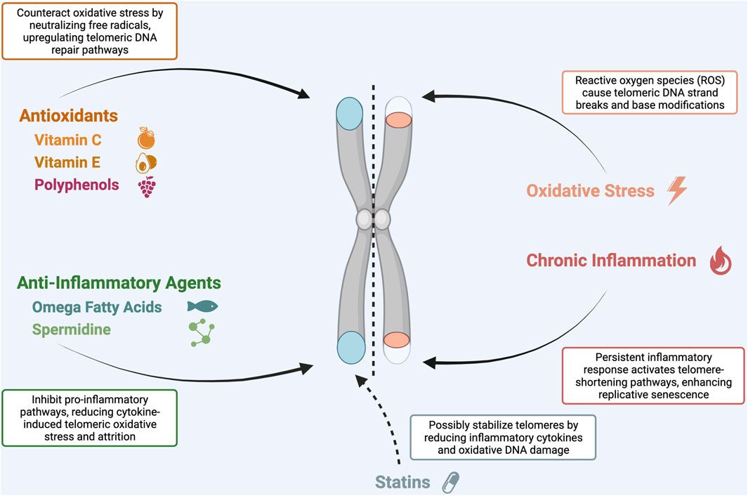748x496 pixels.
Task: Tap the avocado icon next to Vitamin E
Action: point(146,163)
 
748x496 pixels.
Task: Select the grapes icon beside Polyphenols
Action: point(147,186)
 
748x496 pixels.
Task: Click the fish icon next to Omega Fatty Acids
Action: point(202,306)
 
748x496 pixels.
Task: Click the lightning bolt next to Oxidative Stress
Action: point(678,190)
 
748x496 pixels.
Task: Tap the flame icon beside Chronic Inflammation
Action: point(721,261)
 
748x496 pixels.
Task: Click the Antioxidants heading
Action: point(67,115)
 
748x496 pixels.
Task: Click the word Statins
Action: point(403,483)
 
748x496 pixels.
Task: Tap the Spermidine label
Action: point(71,329)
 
